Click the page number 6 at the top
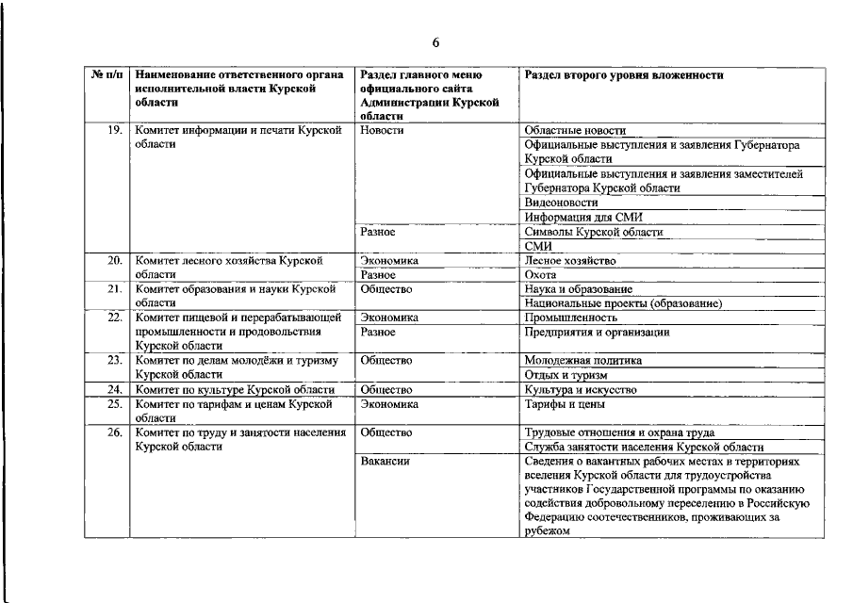(436, 42)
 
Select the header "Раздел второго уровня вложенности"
(623, 74)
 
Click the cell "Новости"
(382, 130)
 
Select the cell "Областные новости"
(575, 130)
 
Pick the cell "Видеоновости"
(561, 203)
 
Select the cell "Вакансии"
(385, 462)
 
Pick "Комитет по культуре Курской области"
(235, 389)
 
